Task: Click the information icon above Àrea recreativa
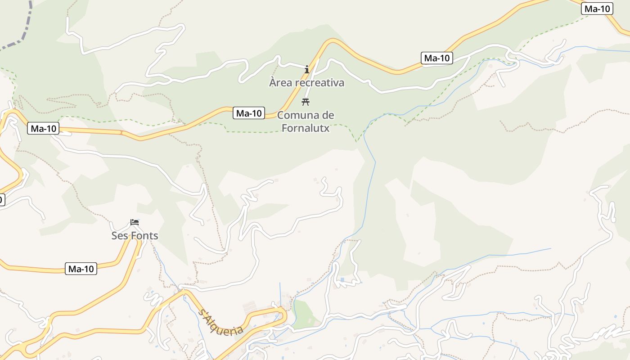(307, 69)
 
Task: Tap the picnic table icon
(306, 101)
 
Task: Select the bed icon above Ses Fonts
(135, 222)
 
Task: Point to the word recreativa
(320, 83)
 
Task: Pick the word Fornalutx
(306, 128)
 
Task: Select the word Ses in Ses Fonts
(120, 236)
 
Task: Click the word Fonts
(144, 236)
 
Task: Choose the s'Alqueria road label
(221, 321)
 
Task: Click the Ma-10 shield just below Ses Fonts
(81, 269)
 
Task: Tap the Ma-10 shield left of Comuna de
(249, 113)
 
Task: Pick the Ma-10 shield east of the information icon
(437, 58)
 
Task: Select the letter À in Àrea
(273, 82)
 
